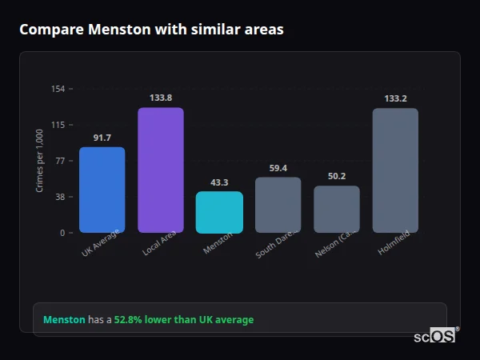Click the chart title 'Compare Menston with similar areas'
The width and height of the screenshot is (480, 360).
[151, 30]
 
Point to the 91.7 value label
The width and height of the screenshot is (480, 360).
[102, 138]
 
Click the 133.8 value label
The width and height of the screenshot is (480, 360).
[161, 98]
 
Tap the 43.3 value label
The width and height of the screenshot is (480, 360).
[219, 182]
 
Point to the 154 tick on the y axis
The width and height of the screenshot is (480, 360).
[58, 89]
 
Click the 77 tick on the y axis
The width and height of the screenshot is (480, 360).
[60, 161]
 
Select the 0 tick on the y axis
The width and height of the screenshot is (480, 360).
[62, 233]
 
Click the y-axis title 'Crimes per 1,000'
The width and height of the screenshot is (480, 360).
[40, 161]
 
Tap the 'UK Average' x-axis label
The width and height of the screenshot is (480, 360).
[100, 243]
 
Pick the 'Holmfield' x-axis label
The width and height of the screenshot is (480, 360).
[392, 243]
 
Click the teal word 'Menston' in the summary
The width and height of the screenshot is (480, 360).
[64, 320]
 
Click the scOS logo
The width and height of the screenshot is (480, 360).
[435, 337]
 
